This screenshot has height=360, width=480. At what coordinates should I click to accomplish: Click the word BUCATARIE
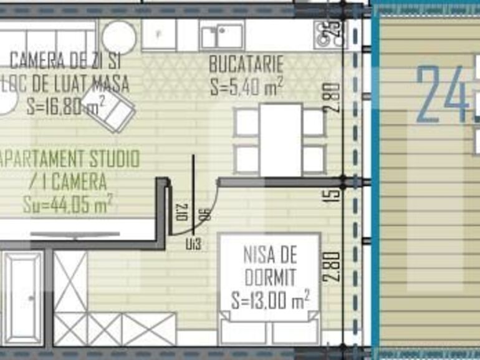246,64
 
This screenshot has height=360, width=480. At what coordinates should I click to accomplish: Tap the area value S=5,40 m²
246,86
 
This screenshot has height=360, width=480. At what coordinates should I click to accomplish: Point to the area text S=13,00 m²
270,301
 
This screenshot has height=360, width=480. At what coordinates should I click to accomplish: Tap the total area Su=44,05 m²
67,204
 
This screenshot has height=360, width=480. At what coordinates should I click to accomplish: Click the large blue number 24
443,93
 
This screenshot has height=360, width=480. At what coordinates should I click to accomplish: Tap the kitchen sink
222,36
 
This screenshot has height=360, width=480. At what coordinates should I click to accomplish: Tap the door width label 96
204,215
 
